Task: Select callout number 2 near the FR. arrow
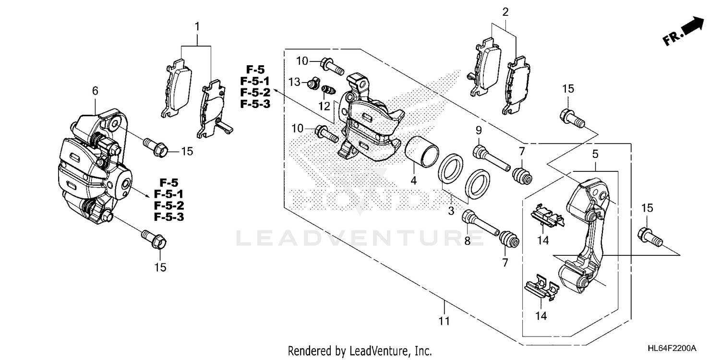505,12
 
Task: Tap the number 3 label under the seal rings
451,211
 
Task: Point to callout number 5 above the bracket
595,154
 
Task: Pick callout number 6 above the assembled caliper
95,90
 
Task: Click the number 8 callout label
467,241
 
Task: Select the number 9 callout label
478,130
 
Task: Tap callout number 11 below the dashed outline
444,321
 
